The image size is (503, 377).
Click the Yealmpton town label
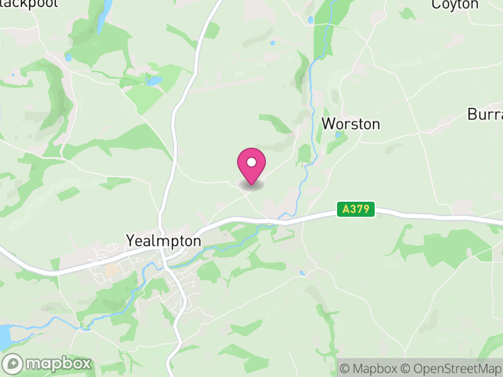(x=163, y=241)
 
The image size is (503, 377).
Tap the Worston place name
(x=351, y=124)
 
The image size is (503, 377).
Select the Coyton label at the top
(x=455, y=4)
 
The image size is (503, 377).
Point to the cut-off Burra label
(x=485, y=115)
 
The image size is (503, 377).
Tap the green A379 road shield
(x=356, y=209)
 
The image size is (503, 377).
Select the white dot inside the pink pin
(x=251, y=163)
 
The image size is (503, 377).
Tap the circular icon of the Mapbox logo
(x=14, y=364)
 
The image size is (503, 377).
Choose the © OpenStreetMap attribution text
(x=451, y=368)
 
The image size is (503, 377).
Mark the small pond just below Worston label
(x=338, y=134)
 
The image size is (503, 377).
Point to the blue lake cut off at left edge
(x=4, y=336)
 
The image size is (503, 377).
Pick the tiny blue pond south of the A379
(x=303, y=273)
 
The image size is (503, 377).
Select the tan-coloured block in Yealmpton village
(x=111, y=270)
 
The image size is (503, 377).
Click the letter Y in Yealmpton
(x=131, y=241)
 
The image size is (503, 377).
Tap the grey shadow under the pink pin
(x=251, y=185)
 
